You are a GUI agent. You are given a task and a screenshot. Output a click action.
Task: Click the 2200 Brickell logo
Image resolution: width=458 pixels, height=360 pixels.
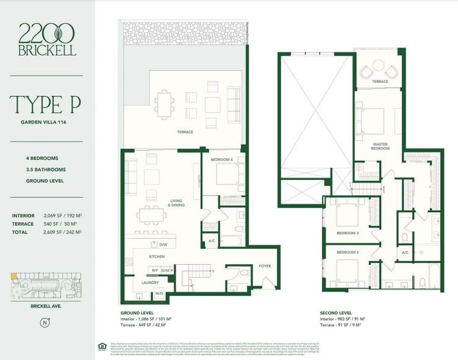(47, 39)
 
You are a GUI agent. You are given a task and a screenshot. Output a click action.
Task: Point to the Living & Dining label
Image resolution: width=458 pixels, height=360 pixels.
(176, 203)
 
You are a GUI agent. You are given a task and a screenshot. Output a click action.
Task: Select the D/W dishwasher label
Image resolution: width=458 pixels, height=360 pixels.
(163, 245)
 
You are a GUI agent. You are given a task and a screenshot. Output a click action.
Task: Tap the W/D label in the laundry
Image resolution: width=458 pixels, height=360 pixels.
(160, 293)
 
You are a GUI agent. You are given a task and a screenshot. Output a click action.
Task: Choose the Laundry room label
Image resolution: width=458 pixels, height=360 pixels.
(150, 283)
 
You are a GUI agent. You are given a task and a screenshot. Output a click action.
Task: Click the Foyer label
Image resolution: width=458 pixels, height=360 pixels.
(264, 265)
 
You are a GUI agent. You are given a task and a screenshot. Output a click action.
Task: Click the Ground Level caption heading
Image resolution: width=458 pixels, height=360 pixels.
(137, 312)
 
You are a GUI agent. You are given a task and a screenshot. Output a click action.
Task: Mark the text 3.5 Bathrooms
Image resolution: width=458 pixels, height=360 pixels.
(46, 169)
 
